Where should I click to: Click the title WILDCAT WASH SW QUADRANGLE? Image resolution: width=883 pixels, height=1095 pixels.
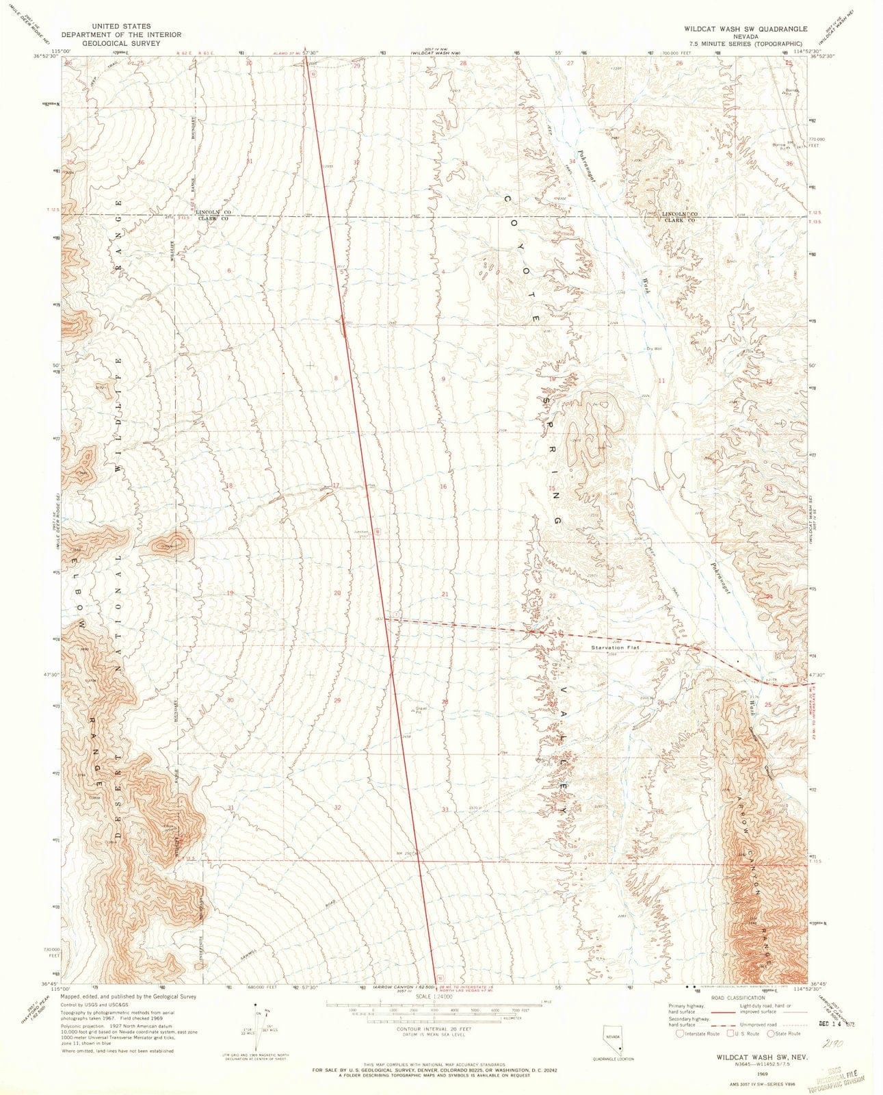tap(748, 29)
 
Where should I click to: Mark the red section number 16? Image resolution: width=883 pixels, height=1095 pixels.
tap(443, 487)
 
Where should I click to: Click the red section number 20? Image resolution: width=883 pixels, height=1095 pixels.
tap(337, 593)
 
